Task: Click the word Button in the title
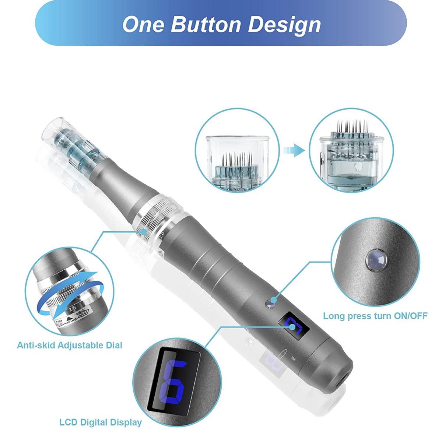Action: coord(206,24)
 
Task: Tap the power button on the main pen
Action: coord(270,304)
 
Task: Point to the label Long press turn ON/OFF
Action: coord(375,316)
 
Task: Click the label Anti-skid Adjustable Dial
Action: coord(69,345)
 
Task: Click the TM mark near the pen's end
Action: coord(294,358)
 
